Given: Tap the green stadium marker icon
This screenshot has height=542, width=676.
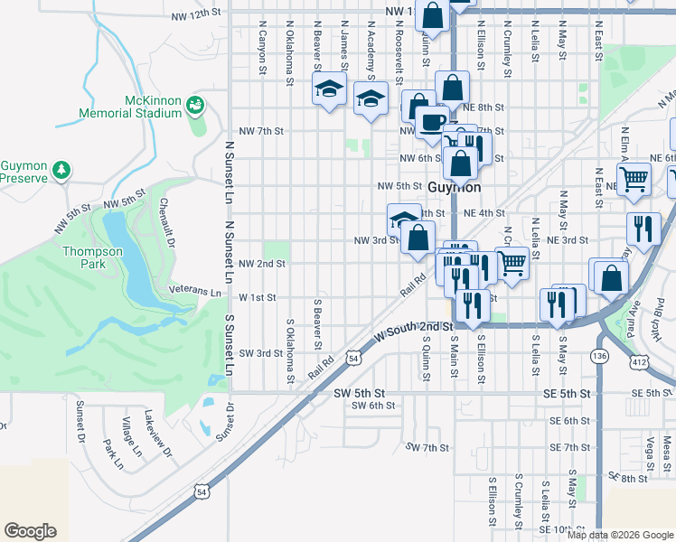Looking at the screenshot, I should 194,107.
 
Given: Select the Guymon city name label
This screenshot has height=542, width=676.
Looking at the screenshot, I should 453,187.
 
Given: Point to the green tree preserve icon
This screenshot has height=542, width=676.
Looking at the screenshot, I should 61,170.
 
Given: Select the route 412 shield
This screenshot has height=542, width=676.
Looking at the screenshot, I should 639,362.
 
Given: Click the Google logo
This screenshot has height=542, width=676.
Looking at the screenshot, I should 30,531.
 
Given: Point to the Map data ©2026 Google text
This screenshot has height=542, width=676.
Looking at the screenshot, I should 620,534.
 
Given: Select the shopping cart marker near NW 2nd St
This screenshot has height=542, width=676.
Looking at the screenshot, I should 512,263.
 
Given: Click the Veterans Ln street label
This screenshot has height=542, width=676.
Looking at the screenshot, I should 195,292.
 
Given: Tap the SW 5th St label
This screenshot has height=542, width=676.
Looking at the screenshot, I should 360,394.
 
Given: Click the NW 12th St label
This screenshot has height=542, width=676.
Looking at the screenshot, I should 195,15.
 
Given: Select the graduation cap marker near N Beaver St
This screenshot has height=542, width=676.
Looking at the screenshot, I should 330,89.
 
